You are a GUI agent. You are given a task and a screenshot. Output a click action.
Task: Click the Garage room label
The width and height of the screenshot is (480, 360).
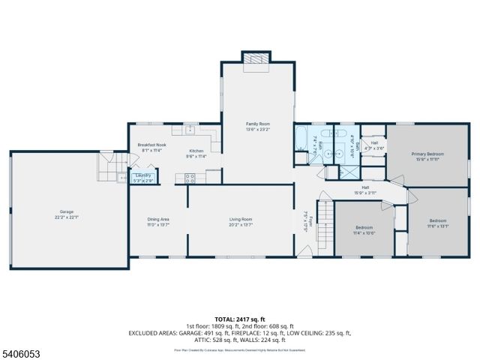pyautogui.click(x=67, y=211)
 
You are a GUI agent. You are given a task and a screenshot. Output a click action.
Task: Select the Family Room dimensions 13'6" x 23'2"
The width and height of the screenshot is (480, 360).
pyautogui.click(x=258, y=129)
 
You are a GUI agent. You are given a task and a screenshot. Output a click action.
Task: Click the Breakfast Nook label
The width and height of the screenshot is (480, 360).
pyautogui.click(x=152, y=144)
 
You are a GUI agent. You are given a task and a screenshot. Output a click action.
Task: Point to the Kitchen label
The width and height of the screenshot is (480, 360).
pyautogui.click(x=196, y=151)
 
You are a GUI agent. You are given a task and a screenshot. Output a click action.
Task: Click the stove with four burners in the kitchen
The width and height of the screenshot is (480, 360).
pyautogui.click(x=190, y=178)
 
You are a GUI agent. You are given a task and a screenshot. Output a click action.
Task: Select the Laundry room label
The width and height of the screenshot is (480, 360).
pyautogui.click(x=142, y=175)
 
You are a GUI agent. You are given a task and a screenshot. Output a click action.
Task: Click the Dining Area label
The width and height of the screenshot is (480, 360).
pyautogui.click(x=157, y=219)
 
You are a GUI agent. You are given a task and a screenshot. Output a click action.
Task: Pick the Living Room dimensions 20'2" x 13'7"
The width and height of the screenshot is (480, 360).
pyautogui.click(x=241, y=224)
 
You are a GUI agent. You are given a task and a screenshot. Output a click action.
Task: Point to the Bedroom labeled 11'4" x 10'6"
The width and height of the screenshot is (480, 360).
pyautogui.click(x=365, y=227)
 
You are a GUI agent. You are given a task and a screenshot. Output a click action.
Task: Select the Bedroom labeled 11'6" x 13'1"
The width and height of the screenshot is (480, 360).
pyautogui.click(x=437, y=220)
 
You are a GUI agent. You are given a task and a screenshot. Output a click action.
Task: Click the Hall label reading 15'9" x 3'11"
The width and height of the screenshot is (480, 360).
pyautogui.click(x=365, y=187)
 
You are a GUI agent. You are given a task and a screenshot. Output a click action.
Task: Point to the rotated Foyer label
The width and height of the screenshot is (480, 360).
pyautogui.click(x=305, y=220)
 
